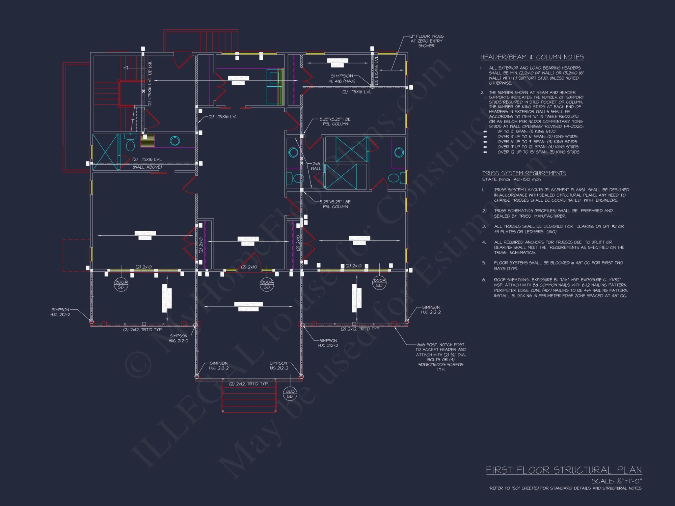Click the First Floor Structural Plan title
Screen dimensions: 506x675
[x=564, y=470]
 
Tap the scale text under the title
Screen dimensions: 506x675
[x=616, y=481]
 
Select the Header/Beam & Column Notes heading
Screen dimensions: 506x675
[x=532, y=57]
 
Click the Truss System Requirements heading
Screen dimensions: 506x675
[x=524, y=173]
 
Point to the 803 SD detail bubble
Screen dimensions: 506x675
[x=290, y=394]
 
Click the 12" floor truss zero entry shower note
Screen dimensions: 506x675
[x=426, y=41]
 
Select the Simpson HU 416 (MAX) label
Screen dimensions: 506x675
[x=342, y=78]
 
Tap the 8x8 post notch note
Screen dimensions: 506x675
[x=440, y=357]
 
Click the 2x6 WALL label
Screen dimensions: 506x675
[x=316, y=166]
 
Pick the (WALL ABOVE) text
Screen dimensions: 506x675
[x=147, y=167]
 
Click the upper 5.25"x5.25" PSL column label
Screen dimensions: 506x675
[x=335, y=121]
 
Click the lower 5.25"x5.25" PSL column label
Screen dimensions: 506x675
[x=335, y=204]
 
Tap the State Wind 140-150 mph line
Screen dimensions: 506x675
[x=511, y=179]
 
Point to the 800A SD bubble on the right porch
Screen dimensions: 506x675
[x=379, y=283]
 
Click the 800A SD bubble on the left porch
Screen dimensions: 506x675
[x=121, y=284]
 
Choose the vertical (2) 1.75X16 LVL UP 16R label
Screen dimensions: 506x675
[x=150, y=84]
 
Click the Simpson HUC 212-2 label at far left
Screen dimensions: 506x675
[x=60, y=312]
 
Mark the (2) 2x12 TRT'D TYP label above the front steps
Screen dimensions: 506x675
[x=249, y=384]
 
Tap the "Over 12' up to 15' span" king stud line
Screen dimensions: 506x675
[x=538, y=152]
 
